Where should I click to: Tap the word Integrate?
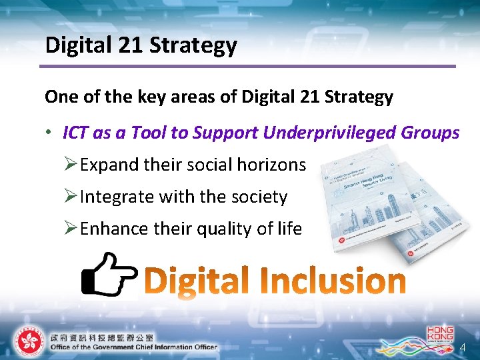[x=116, y=197]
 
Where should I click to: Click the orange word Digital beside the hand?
[x=197, y=281]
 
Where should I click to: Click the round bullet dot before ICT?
[x=49, y=133]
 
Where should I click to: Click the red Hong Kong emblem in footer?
[x=28, y=341]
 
